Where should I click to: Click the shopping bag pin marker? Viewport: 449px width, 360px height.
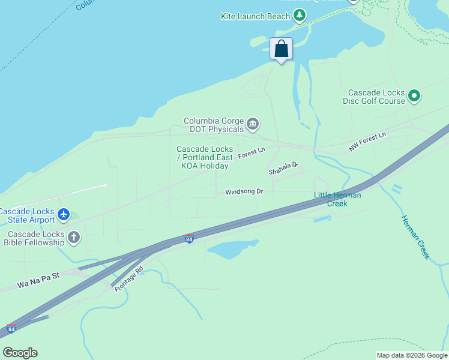(281, 49)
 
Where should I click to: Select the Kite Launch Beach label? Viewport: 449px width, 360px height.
(255, 16)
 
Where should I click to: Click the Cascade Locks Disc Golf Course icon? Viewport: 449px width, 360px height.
(414, 95)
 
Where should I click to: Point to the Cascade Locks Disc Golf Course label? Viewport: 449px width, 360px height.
(377, 97)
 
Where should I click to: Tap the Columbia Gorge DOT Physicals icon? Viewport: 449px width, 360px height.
(253, 124)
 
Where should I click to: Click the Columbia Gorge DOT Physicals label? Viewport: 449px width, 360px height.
(214, 124)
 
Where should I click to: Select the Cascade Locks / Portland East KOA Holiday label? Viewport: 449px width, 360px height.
(204, 157)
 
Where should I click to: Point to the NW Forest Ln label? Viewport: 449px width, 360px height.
(367, 143)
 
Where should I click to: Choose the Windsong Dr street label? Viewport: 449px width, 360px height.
(244, 192)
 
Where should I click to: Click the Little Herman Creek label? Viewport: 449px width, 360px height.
(337, 199)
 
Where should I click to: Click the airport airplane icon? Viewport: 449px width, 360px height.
(64, 214)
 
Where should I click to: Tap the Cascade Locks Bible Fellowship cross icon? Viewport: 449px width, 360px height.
(74, 238)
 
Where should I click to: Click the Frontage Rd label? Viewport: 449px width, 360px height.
(129, 280)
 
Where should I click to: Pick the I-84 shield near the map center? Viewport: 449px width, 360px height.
(190, 239)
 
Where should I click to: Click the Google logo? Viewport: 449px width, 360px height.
(20, 353)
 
